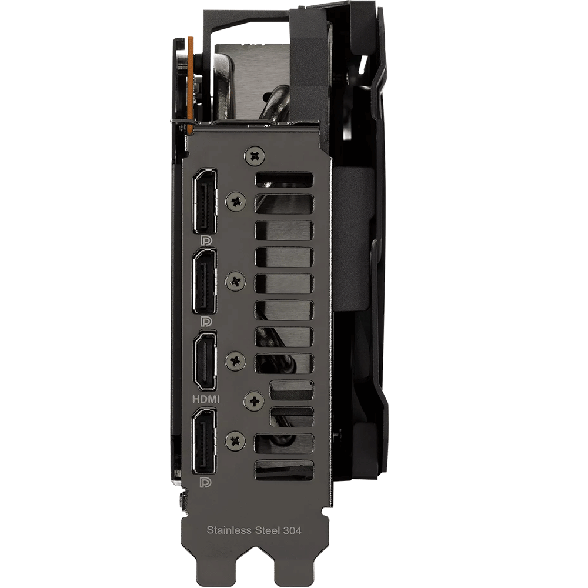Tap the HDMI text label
(x=206, y=399)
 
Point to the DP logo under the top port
(x=206, y=240)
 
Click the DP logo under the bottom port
(x=206, y=482)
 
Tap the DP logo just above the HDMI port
(x=206, y=322)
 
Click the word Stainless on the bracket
(x=229, y=530)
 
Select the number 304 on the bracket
(x=292, y=530)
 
